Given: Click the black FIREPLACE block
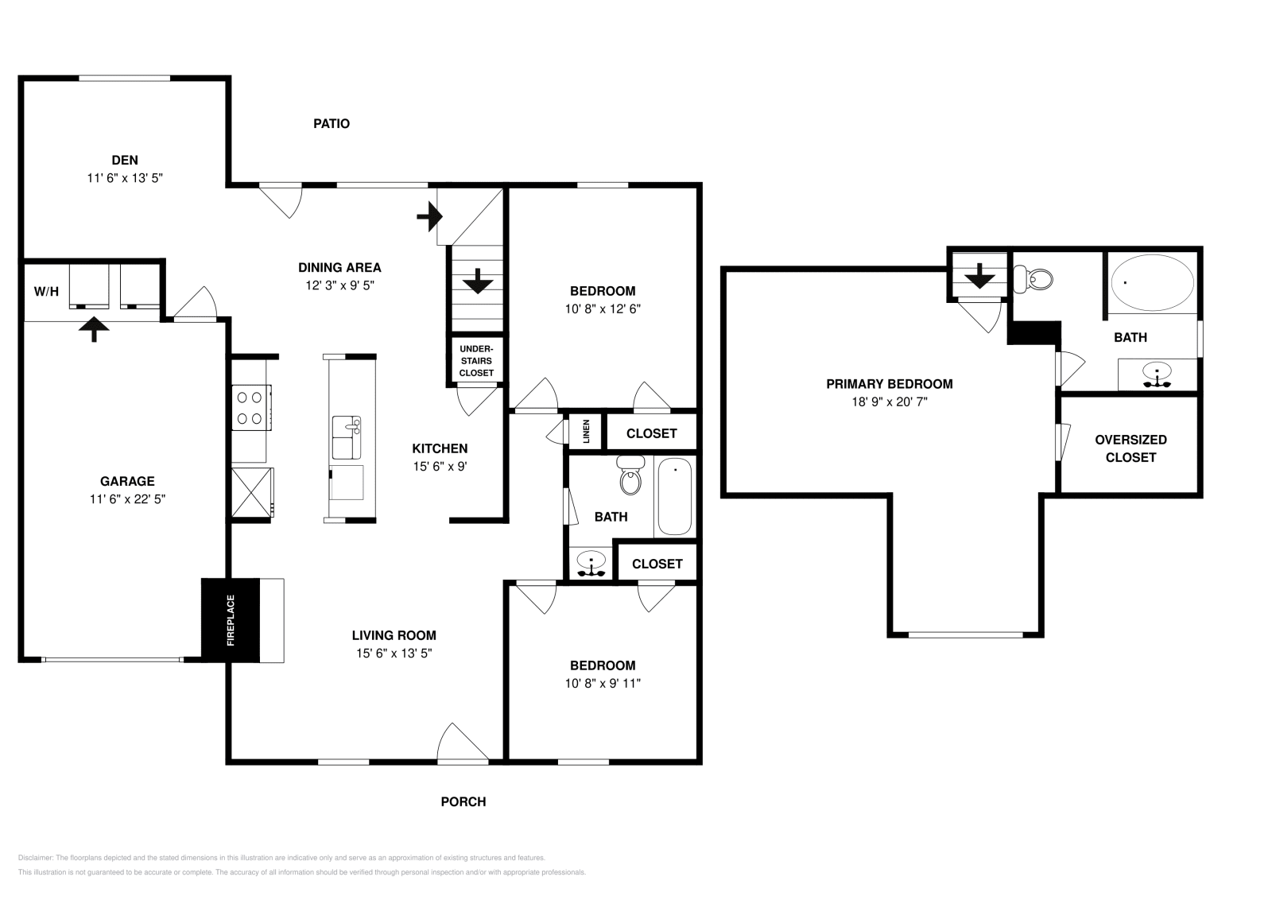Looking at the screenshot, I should point(231,619).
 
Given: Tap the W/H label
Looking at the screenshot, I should point(46,291).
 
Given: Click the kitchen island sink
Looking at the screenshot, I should point(346,436).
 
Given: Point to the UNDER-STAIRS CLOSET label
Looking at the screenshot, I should point(476,360).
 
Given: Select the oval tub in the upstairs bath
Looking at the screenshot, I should point(1152,282).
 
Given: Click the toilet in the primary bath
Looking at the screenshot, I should point(1035,279).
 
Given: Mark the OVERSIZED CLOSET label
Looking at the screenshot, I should point(1130,448).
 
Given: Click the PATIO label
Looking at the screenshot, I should point(332,123).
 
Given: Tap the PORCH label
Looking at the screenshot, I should point(463,801).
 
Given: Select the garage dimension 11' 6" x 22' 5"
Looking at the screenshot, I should point(127,499).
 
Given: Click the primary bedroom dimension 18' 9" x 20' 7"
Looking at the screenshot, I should point(889,402).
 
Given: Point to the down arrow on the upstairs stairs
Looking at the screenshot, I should point(979,276).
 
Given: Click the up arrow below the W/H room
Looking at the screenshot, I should point(95,329).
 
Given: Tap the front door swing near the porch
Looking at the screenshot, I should point(461,743).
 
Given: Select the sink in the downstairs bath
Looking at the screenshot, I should point(591,564).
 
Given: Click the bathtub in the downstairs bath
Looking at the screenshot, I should point(675,497).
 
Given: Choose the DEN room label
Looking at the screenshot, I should point(125,161).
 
